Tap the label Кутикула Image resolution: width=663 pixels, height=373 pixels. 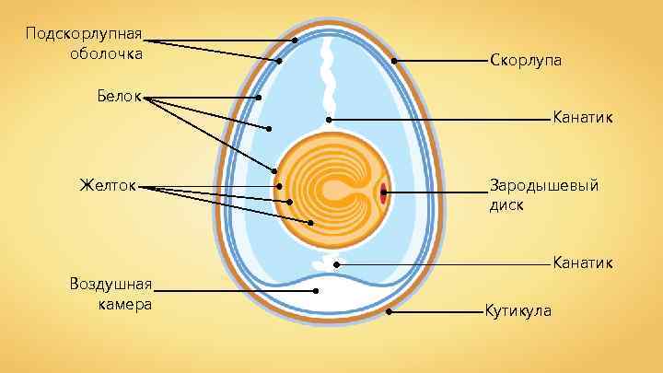point(518,310)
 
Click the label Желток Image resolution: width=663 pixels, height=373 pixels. point(108,186)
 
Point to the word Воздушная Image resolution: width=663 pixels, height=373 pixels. point(110,282)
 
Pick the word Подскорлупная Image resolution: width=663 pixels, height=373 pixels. point(84,34)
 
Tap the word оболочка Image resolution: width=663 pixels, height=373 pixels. point(106,53)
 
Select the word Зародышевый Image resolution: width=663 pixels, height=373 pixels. point(544,186)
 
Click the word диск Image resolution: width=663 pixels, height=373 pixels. point(506,205)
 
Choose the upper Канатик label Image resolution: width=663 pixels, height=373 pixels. point(582,119)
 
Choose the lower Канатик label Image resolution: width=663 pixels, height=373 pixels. point(582,263)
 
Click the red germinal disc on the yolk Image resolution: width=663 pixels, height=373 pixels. point(383,192)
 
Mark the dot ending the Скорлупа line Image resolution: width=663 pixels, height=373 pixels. point(394,61)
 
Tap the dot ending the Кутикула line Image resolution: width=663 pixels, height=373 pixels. point(390,311)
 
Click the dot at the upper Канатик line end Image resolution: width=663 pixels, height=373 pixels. point(329,120)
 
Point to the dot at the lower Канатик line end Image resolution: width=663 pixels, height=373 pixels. point(337,264)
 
